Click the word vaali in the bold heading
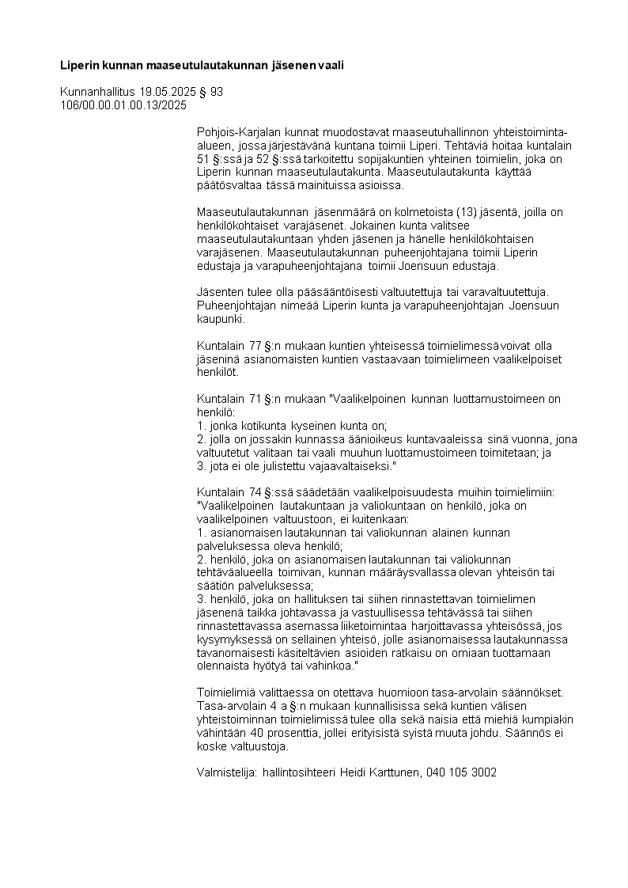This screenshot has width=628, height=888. (330, 66)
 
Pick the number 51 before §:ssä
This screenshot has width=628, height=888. (203, 158)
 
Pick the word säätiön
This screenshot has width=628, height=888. (216, 586)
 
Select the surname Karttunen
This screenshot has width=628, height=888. (391, 772)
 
